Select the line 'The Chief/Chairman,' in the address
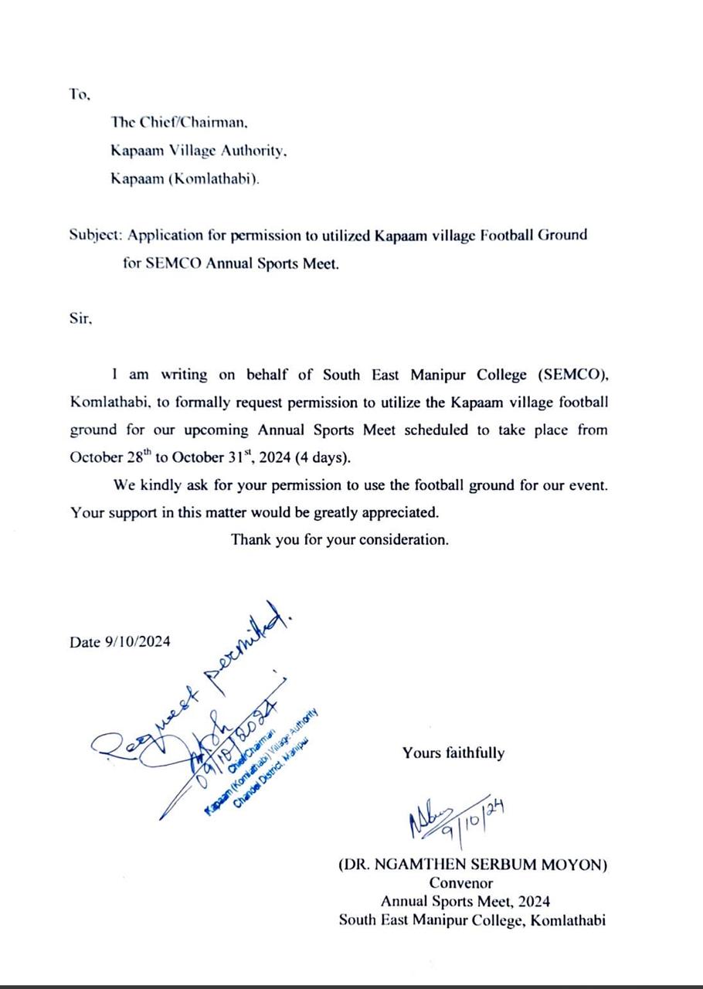179,122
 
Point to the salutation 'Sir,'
80,318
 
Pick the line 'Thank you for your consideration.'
339,539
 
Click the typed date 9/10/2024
138,642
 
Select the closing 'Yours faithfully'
453,753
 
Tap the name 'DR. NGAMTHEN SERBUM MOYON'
473,865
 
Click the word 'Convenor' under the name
461,883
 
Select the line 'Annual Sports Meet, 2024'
465,901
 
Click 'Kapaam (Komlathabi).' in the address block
185,178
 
